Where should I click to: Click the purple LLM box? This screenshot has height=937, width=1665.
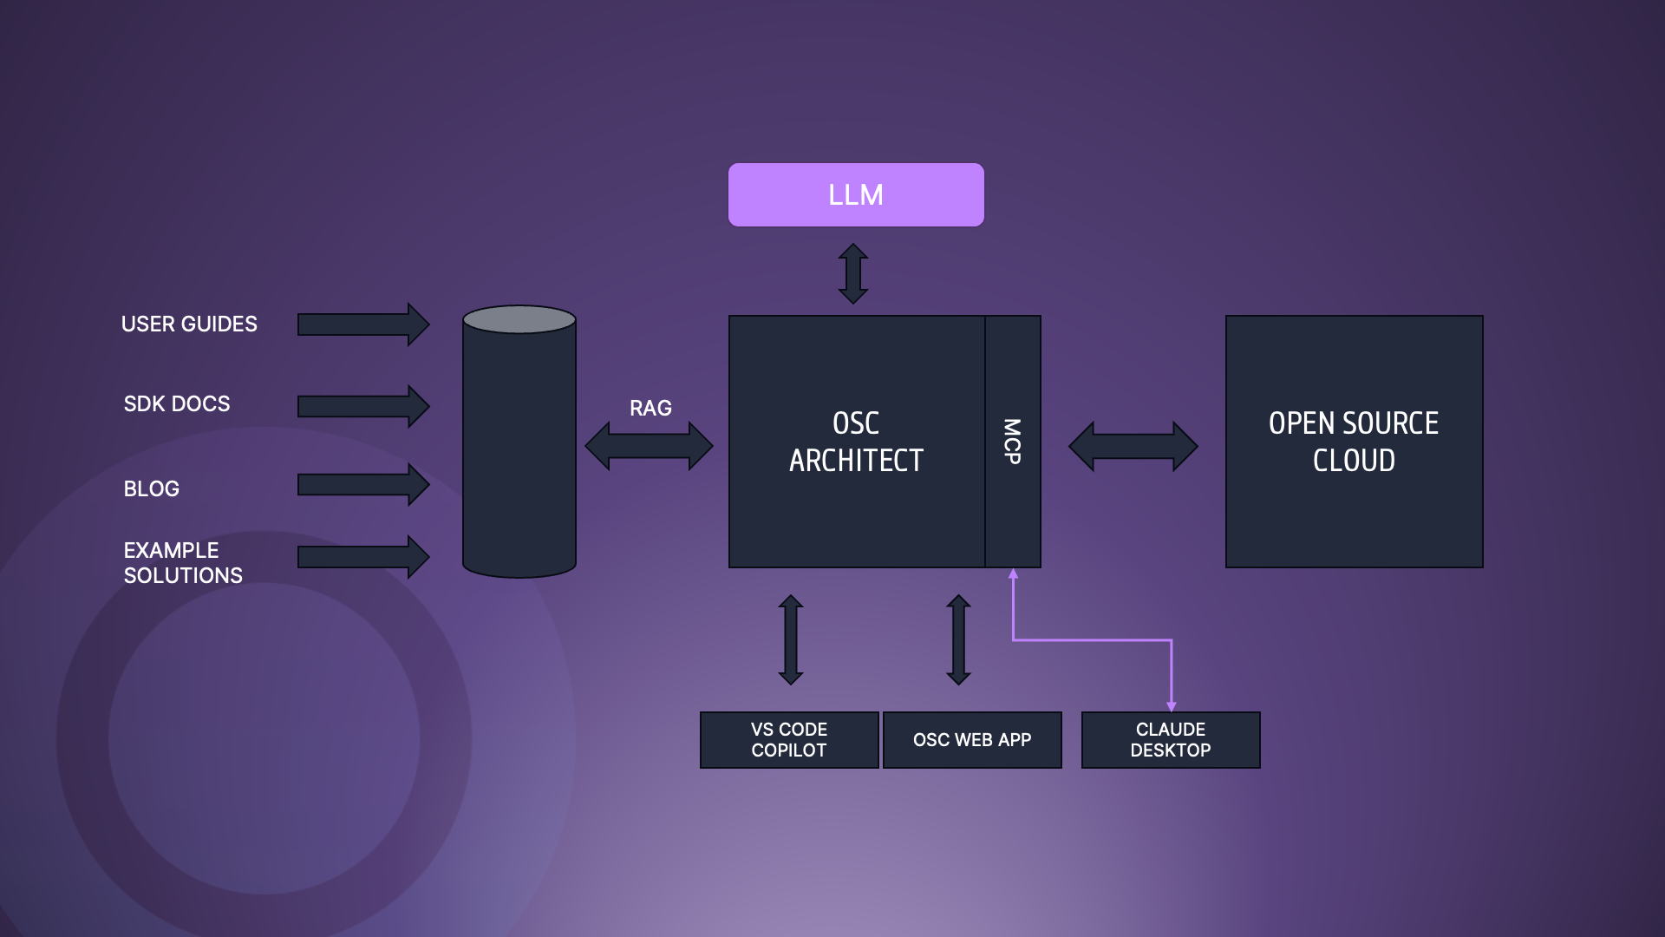[x=856, y=194]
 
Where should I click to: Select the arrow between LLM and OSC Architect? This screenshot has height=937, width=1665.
[x=853, y=273]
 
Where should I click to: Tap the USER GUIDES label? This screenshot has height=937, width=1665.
[x=189, y=324]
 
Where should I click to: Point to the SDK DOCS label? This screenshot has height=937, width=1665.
[x=177, y=403]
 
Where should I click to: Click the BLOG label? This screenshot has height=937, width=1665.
[x=152, y=488]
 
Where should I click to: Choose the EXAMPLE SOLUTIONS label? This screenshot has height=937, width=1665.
[x=183, y=562]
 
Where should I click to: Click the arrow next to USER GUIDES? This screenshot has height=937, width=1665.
[x=362, y=324]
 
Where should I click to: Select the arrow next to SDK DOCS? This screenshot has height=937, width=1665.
[x=362, y=406]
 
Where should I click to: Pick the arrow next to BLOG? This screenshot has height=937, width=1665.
[x=362, y=484]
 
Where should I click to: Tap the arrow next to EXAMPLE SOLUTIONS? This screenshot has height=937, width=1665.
[x=362, y=557]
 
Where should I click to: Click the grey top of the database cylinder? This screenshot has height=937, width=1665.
[x=519, y=319]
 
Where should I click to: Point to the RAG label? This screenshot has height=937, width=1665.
[x=650, y=408]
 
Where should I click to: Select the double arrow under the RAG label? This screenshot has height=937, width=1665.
[x=649, y=446]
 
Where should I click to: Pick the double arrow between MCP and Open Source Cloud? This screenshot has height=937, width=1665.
[x=1133, y=446]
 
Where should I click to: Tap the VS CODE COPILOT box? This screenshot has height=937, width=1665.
[x=789, y=740]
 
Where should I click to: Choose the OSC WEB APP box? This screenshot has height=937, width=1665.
[x=972, y=740]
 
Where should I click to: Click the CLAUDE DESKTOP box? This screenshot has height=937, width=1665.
[x=1171, y=740]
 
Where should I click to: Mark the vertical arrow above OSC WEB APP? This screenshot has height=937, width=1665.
[x=958, y=639]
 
